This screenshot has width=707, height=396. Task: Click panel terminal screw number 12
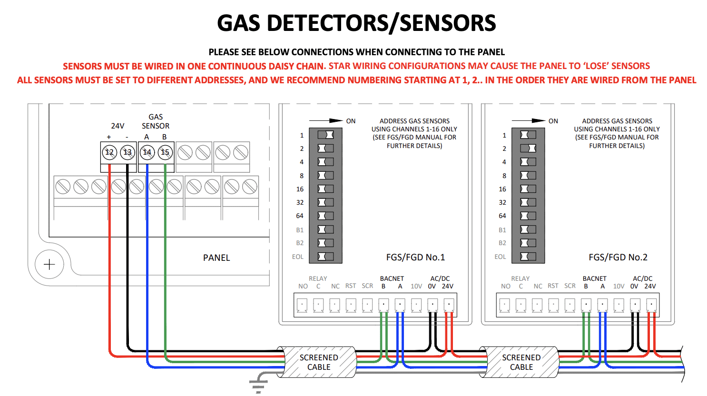point(109,152)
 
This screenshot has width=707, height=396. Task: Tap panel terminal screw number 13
point(128,152)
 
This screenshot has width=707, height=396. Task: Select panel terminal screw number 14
point(147,152)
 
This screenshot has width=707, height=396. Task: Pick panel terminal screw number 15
point(165,152)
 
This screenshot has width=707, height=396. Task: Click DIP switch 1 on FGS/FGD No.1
point(326,135)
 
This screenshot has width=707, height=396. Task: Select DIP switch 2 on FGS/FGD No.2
point(528,148)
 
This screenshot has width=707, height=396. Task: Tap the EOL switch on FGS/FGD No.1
point(326,256)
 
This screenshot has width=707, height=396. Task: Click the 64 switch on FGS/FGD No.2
point(528,216)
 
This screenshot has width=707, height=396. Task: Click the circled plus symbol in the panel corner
point(49,264)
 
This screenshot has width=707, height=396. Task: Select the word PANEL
point(216,257)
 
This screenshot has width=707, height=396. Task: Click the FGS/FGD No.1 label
point(415,257)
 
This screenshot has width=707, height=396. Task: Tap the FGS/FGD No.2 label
point(618,257)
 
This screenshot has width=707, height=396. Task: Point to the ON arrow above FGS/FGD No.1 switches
point(326,120)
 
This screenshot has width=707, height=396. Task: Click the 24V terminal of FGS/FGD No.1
point(449,306)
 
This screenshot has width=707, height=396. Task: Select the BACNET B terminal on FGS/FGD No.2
point(586,306)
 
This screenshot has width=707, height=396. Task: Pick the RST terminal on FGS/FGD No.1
point(351,306)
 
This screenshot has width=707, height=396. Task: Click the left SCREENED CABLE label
point(319,362)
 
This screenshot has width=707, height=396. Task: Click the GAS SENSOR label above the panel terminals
point(155,121)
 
